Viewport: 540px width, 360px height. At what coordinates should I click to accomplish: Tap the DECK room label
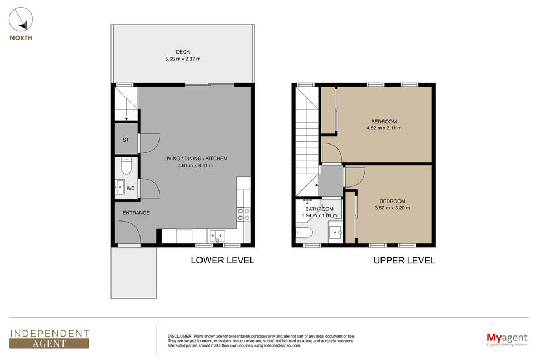(x=183, y=52)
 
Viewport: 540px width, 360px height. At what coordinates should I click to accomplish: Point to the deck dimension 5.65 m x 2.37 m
(x=183, y=59)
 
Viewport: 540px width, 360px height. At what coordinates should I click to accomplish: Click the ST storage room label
(x=126, y=140)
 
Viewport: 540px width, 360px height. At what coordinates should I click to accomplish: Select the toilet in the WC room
(x=126, y=166)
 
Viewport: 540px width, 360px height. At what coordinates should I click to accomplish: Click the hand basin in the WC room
(x=119, y=187)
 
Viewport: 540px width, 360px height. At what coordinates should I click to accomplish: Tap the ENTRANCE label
(x=136, y=213)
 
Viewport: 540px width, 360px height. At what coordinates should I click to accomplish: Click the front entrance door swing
(x=129, y=232)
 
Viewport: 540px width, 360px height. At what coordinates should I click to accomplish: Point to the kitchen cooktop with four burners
(x=244, y=214)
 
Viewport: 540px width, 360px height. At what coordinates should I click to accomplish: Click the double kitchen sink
(x=218, y=236)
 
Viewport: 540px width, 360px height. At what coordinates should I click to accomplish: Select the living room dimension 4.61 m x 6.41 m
(x=196, y=166)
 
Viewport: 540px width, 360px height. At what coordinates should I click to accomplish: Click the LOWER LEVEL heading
(x=223, y=260)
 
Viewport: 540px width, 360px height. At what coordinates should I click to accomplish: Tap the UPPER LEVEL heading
(x=404, y=261)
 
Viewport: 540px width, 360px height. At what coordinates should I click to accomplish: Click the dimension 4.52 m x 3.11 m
(x=384, y=128)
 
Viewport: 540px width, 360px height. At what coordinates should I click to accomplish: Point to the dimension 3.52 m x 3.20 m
(x=392, y=208)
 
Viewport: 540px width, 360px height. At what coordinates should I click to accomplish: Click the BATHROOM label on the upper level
(x=319, y=209)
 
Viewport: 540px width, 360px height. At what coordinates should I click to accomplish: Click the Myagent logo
(x=507, y=339)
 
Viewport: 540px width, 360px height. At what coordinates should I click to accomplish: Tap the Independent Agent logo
(x=49, y=339)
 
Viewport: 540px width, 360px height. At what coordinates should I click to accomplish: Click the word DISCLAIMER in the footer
(x=180, y=336)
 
